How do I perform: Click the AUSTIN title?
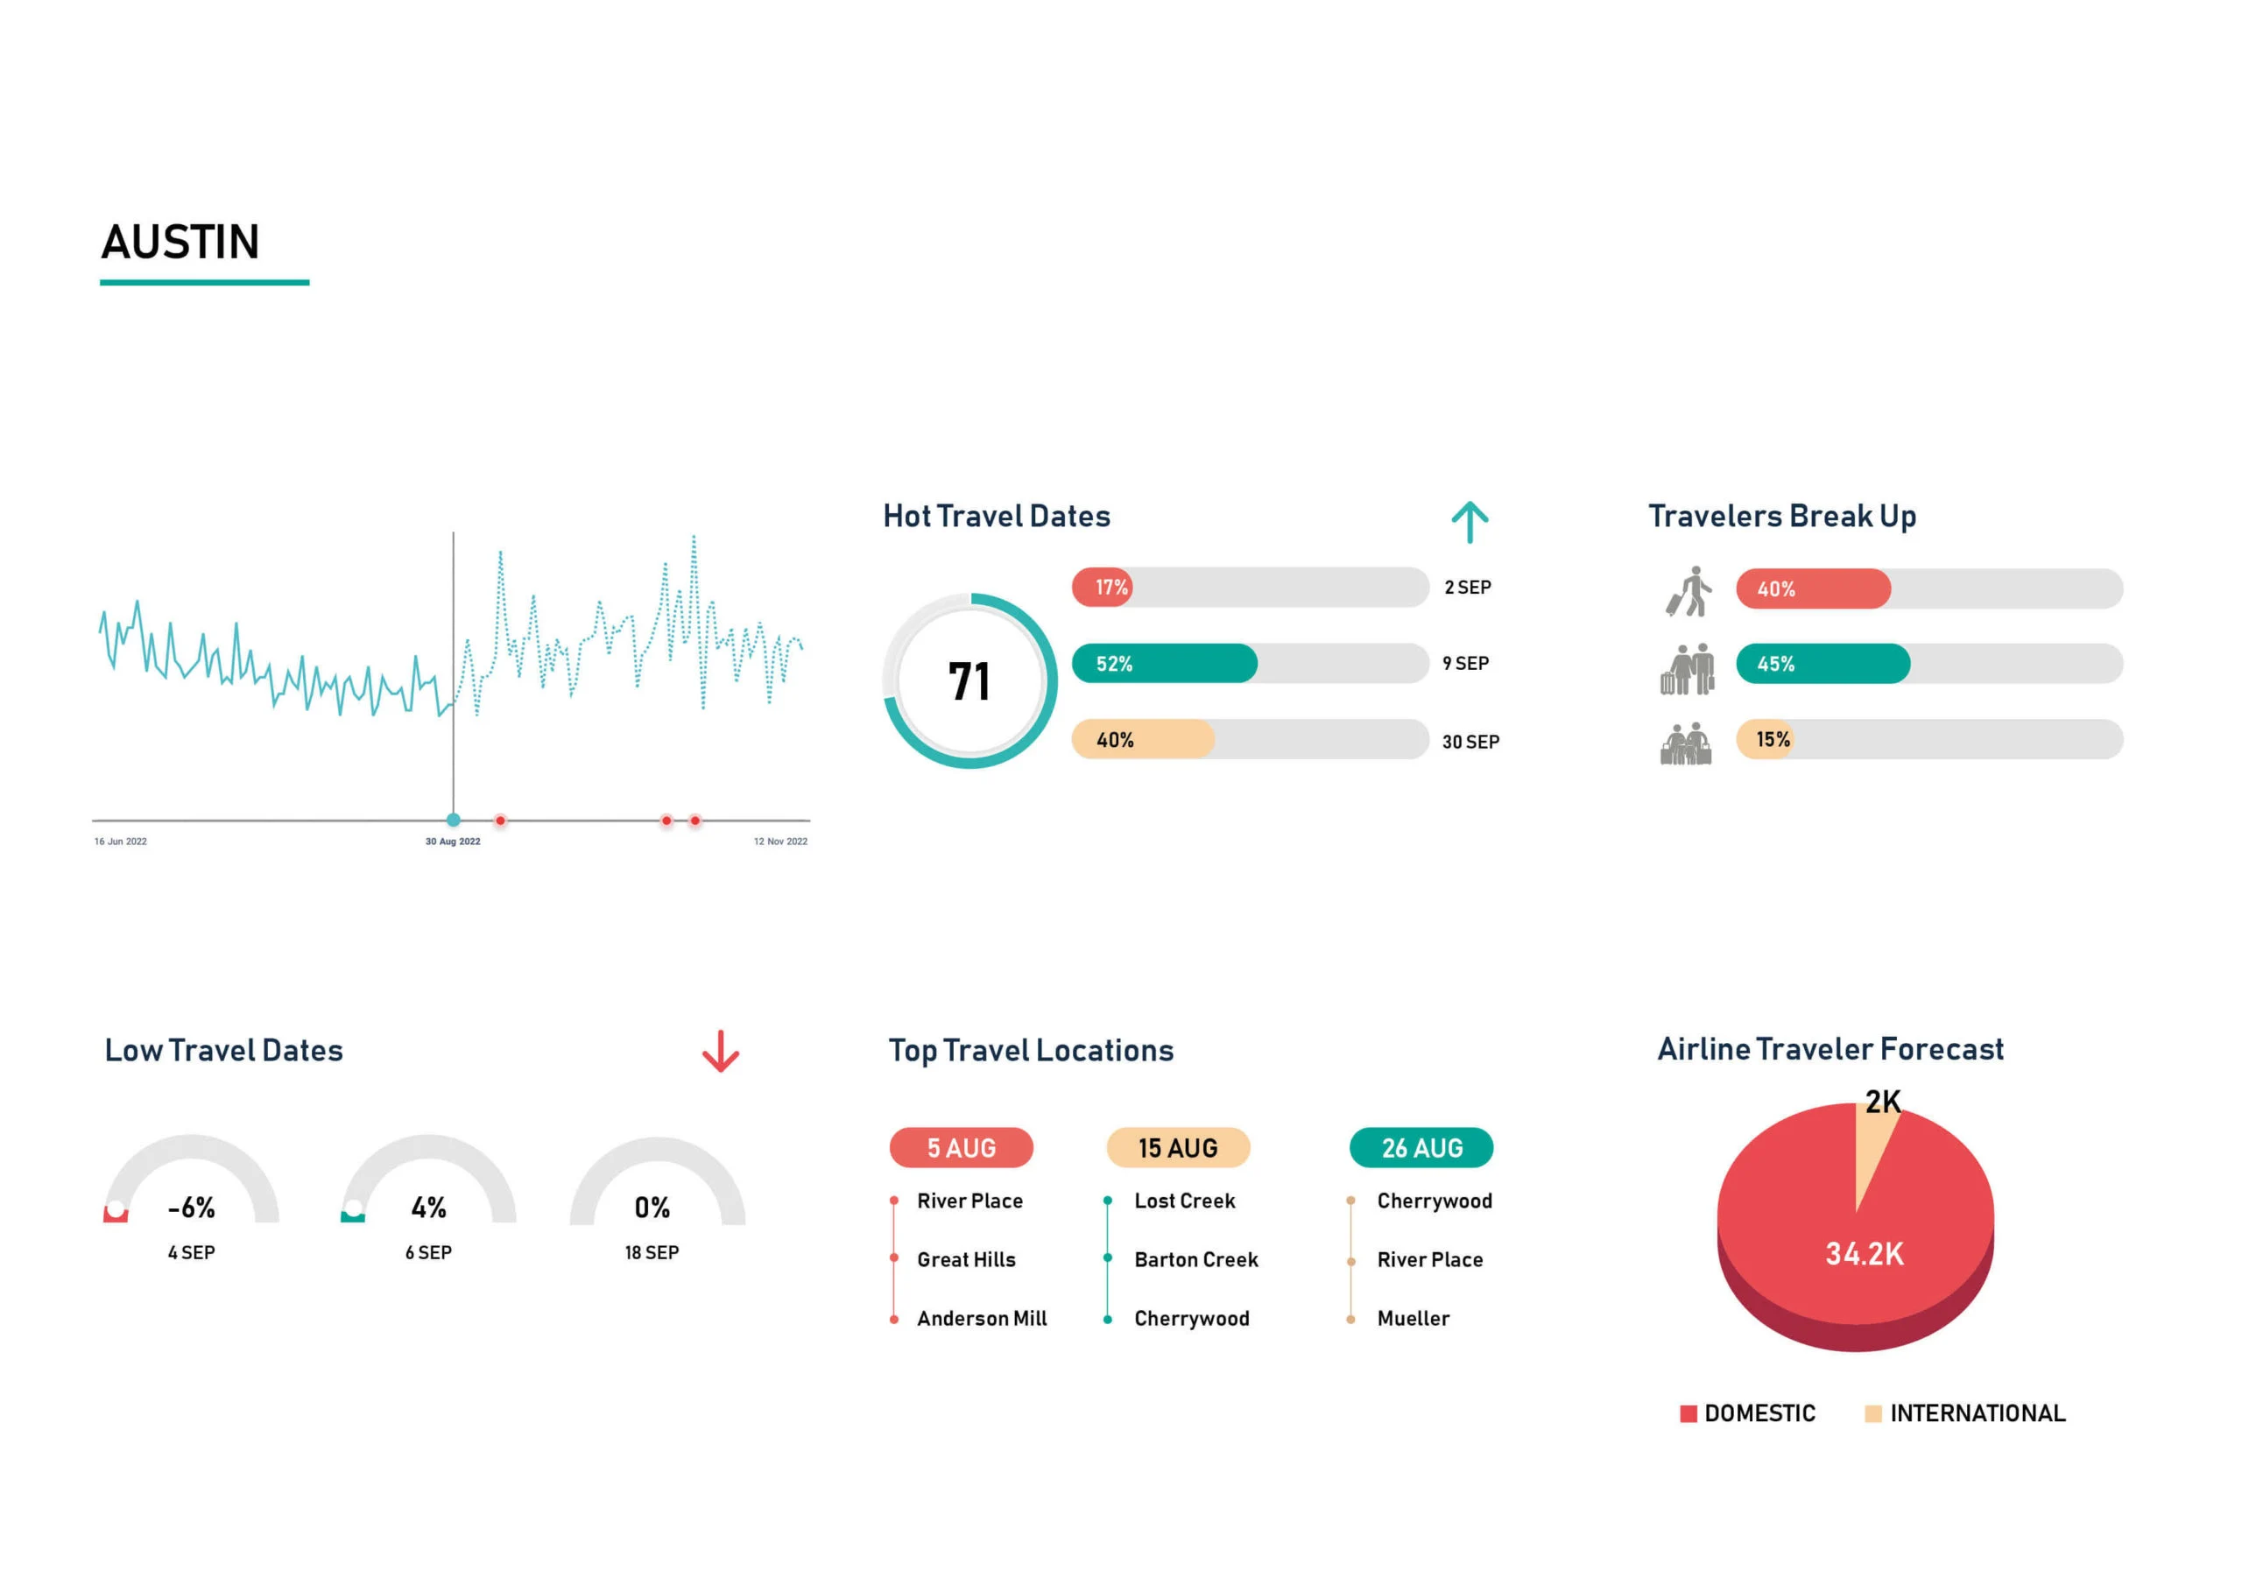tap(180, 243)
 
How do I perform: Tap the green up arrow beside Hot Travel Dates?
tap(1469, 523)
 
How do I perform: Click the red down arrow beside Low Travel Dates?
tap(721, 1052)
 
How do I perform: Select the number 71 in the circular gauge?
tap(969, 681)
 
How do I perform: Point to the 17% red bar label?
tap(1111, 588)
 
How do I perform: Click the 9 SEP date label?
tap(1466, 664)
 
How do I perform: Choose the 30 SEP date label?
tap(1470, 743)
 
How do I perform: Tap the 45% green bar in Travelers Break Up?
tap(1823, 664)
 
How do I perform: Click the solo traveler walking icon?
tap(1689, 591)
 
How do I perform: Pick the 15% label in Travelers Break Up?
tap(1773, 740)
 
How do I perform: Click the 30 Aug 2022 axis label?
tap(452, 842)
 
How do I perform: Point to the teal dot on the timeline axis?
tap(453, 821)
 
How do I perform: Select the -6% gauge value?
tap(192, 1208)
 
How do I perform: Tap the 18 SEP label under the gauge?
tap(652, 1253)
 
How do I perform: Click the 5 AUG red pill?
tap(961, 1148)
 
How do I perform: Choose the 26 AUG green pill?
tap(1421, 1148)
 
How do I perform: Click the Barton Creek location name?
tap(1196, 1261)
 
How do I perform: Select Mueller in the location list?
tap(1413, 1320)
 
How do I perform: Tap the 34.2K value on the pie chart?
tap(1865, 1255)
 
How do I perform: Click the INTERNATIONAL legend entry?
tap(1977, 1414)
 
